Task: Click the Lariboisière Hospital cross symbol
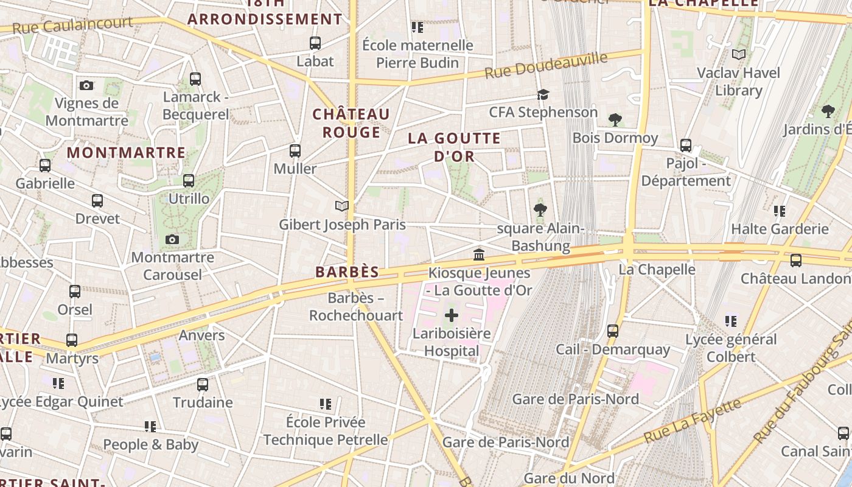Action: pyautogui.click(x=452, y=315)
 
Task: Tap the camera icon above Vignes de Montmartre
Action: pyautogui.click(x=86, y=85)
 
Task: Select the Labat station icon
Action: pyautogui.click(x=315, y=43)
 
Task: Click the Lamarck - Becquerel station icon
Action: pyautogui.click(x=195, y=79)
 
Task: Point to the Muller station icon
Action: pyautogui.click(x=295, y=150)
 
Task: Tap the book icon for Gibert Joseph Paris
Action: pyautogui.click(x=342, y=206)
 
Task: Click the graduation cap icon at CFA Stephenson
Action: pyautogui.click(x=543, y=94)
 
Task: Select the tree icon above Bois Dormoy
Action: pyautogui.click(x=615, y=119)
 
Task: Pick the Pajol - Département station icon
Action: pyautogui.click(x=686, y=145)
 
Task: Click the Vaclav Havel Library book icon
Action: pyautogui.click(x=739, y=55)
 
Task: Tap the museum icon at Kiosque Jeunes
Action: pyautogui.click(x=479, y=254)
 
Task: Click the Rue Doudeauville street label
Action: pyautogui.click(x=546, y=65)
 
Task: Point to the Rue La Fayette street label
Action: pyautogui.click(x=693, y=421)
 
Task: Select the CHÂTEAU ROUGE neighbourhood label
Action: pyautogui.click(x=351, y=123)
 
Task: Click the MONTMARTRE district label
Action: pyautogui.click(x=126, y=152)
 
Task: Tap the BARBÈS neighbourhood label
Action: pyautogui.click(x=347, y=272)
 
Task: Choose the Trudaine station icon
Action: pyautogui.click(x=203, y=385)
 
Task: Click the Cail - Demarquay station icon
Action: pyautogui.click(x=613, y=331)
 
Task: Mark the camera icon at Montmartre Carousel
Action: pyautogui.click(x=172, y=239)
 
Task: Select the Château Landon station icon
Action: pyautogui.click(x=795, y=261)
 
